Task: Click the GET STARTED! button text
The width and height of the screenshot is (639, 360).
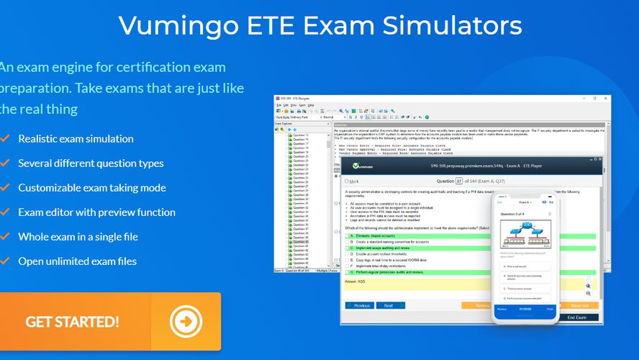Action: click(72, 322)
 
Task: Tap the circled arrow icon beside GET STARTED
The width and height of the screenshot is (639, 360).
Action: click(186, 321)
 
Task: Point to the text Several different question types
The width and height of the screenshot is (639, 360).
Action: click(91, 163)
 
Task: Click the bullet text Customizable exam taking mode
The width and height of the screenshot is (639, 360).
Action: click(91, 188)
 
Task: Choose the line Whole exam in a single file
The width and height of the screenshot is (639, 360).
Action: click(78, 236)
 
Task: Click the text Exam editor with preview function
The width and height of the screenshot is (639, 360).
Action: click(96, 212)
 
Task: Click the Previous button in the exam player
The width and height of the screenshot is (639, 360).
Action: click(360, 305)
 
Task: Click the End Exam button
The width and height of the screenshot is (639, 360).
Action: click(576, 318)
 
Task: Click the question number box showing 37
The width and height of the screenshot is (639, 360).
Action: click(459, 181)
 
